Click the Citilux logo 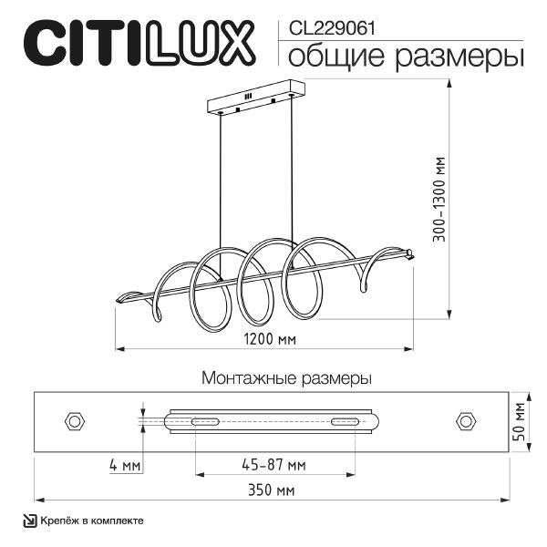[137, 43]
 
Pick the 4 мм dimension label [124, 466]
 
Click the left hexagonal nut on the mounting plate [74, 420]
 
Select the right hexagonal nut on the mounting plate [467, 420]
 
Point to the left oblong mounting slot [204, 420]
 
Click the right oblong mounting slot [345, 420]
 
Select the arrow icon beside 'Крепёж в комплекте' [29, 521]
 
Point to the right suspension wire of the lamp [294, 182]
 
